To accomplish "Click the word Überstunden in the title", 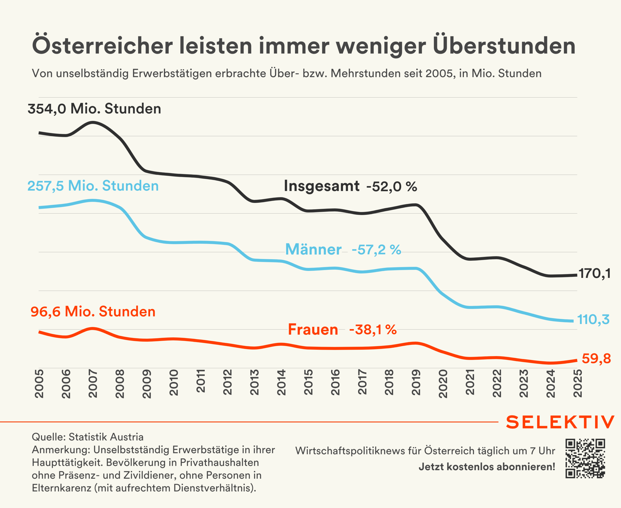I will click(504, 46).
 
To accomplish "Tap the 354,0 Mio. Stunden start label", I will click(94, 109).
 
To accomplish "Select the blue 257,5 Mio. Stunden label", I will click(93, 186).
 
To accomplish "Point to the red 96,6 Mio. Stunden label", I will click(93, 311).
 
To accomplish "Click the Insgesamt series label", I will click(321, 186).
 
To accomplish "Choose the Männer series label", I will click(313, 250).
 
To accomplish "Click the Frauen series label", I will click(313, 330).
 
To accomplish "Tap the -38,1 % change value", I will click(373, 330).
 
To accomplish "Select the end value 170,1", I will click(595, 274).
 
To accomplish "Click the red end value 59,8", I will click(596, 358).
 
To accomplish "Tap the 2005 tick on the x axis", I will click(39, 384).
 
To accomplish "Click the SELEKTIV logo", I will click(560, 422).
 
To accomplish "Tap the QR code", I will click(585, 458).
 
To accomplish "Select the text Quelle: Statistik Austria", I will click(88, 437).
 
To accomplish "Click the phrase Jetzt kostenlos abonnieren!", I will click(487, 467).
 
